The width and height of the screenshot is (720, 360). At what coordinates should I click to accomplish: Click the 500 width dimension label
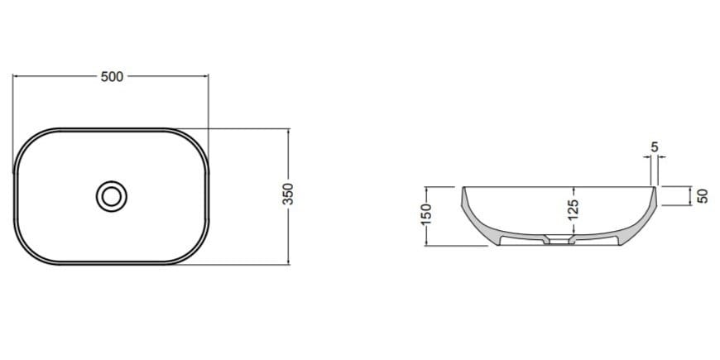coord(111,77)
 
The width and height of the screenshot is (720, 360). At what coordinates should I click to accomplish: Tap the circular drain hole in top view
coord(111,196)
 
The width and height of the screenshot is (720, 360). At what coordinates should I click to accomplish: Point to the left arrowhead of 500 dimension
coord(16,77)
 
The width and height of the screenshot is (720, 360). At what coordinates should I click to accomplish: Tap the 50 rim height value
coord(703,196)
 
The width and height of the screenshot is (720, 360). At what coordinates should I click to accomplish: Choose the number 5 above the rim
coord(655,147)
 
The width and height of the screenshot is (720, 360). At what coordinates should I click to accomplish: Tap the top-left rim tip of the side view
coord(462,188)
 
